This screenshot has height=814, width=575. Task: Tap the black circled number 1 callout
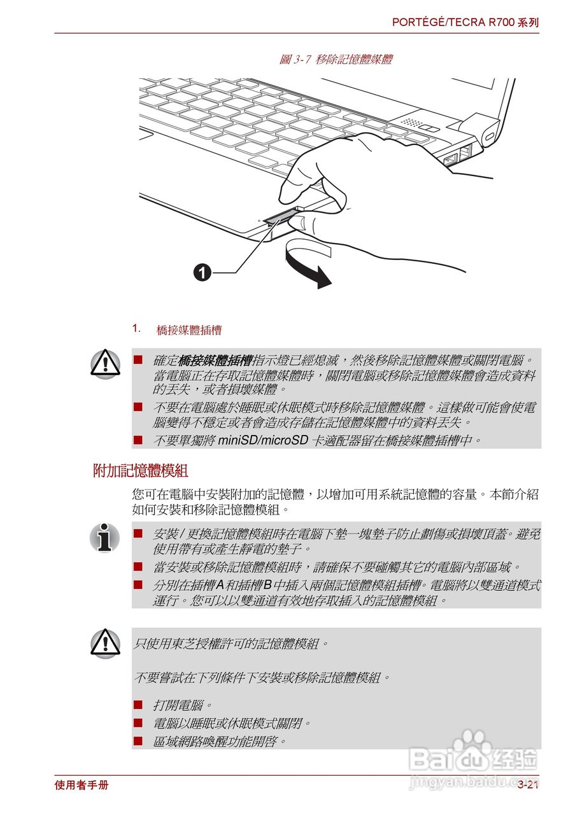[x=202, y=273]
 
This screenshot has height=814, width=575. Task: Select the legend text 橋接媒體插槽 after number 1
[x=189, y=331]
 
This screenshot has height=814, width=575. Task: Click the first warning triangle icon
[x=105, y=362]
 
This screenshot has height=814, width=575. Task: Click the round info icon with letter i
[x=105, y=537]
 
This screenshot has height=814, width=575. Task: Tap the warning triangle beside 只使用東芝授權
[x=105, y=643]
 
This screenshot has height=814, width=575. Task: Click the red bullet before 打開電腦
[x=138, y=705]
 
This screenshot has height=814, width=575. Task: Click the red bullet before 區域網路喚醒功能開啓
[x=138, y=740]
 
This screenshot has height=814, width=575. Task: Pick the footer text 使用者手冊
[x=82, y=785]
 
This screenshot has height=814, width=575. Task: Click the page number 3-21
[x=528, y=785]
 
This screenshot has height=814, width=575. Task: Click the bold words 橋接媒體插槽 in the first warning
[x=215, y=361]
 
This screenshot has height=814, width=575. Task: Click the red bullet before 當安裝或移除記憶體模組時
[x=138, y=565]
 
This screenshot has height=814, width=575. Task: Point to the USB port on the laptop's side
[x=450, y=157]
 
